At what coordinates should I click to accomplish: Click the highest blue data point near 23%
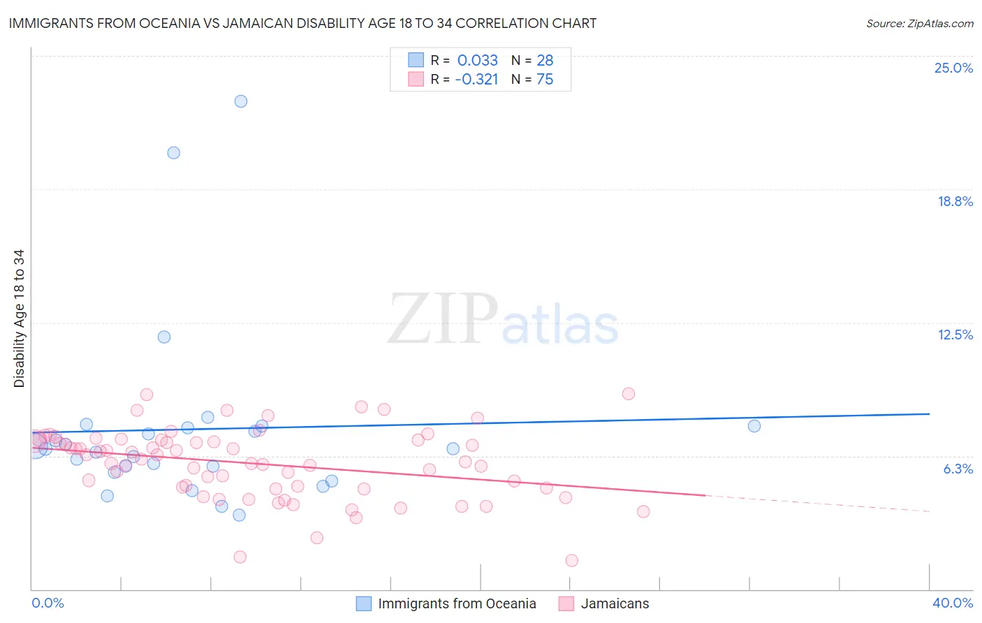(x=241, y=101)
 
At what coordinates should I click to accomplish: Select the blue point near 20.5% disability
(x=174, y=153)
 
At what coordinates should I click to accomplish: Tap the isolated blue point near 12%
(x=164, y=337)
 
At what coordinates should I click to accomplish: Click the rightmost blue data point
(x=754, y=426)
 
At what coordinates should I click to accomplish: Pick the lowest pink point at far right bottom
(x=572, y=560)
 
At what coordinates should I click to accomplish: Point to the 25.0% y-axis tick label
(x=953, y=68)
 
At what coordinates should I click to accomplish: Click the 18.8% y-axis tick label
(x=955, y=201)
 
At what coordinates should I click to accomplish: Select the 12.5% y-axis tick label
(x=955, y=335)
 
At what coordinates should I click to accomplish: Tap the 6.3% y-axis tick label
(x=958, y=469)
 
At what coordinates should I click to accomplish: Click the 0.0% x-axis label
(x=47, y=603)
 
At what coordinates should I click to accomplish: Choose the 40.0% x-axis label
(x=952, y=603)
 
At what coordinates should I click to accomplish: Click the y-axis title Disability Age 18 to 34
(x=19, y=318)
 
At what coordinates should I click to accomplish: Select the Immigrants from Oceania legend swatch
(x=364, y=603)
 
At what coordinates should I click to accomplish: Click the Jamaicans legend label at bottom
(x=615, y=603)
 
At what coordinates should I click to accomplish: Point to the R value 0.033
(x=478, y=60)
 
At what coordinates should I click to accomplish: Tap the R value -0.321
(x=476, y=79)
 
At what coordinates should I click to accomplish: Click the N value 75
(x=545, y=79)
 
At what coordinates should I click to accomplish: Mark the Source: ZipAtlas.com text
(x=919, y=23)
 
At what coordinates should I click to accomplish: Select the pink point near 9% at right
(x=629, y=394)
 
